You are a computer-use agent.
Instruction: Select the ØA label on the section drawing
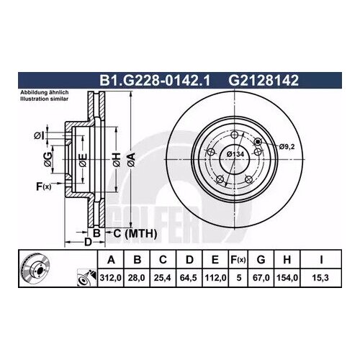130,159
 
